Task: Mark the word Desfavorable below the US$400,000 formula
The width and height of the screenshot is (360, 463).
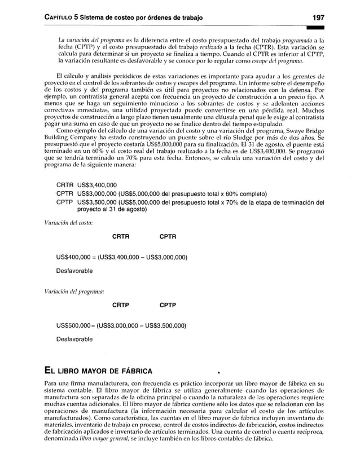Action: [x=74, y=271]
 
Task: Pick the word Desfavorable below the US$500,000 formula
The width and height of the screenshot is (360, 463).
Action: [x=74, y=339]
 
